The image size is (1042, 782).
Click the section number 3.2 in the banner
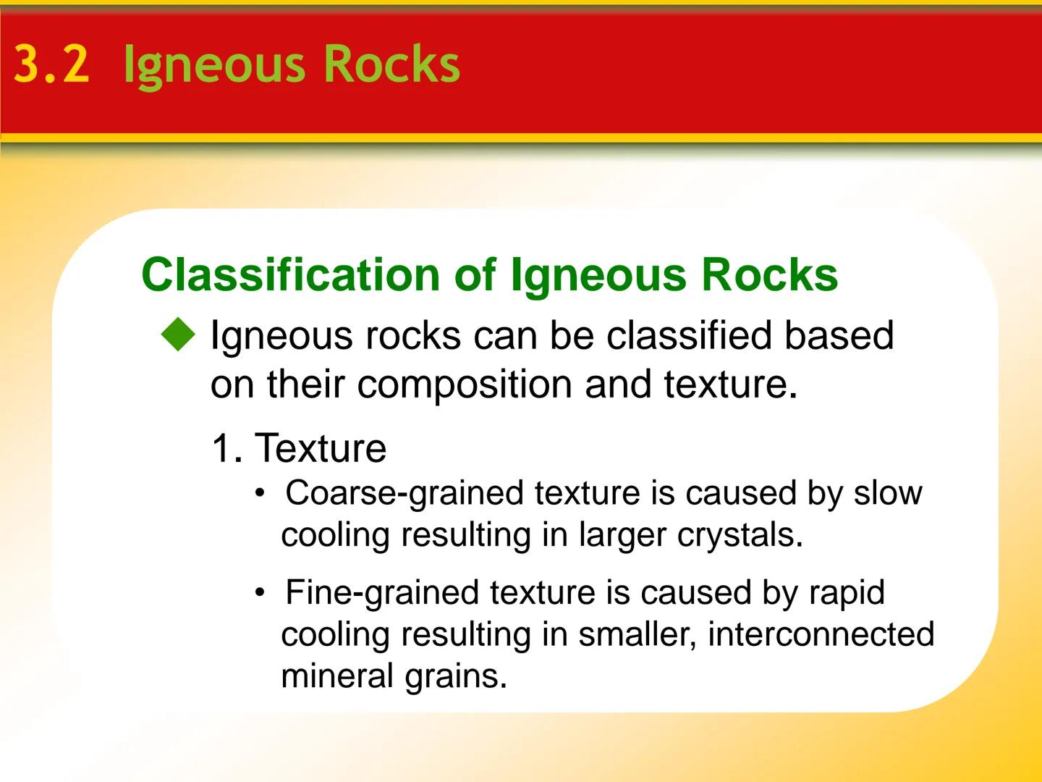click(x=51, y=64)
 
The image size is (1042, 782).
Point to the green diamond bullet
click(x=179, y=337)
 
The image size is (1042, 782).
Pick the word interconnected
click(x=821, y=634)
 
